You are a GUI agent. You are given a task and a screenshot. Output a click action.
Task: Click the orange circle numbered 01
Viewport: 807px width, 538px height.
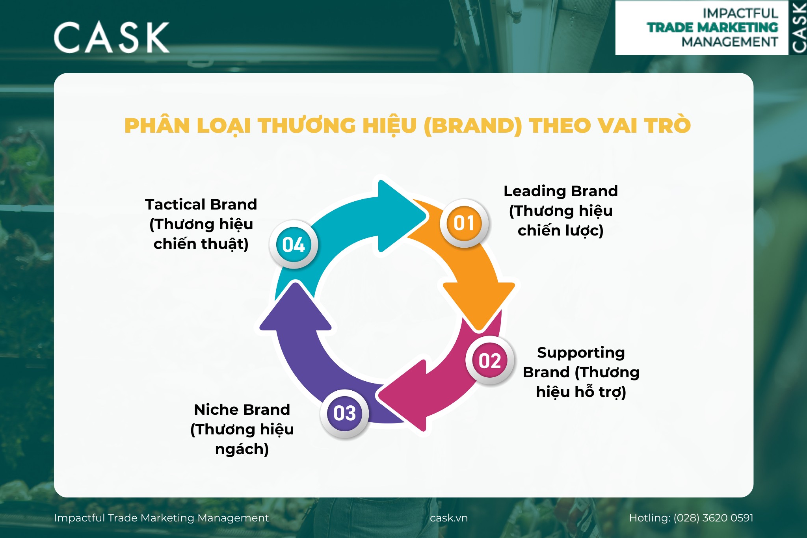click(x=464, y=223)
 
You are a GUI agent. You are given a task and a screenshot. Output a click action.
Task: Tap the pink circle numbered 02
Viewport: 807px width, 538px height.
click(x=490, y=360)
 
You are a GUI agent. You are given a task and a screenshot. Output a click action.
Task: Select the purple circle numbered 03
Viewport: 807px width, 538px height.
click(x=344, y=413)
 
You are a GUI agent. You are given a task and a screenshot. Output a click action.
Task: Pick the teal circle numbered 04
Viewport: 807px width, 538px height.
click(x=294, y=244)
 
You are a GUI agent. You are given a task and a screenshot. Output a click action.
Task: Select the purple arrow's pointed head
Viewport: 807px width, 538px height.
click(x=296, y=283)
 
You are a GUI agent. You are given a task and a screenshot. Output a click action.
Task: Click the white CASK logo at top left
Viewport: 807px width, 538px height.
click(x=112, y=37)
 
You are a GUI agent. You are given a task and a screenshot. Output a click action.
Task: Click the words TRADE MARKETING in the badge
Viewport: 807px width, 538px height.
click(x=712, y=28)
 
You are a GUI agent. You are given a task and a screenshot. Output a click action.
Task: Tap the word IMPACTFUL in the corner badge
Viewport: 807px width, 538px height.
click(x=740, y=13)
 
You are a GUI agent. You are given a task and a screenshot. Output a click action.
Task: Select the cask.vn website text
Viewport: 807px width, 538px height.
click(x=449, y=518)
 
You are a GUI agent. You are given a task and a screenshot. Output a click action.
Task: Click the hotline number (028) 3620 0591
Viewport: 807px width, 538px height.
click(x=713, y=518)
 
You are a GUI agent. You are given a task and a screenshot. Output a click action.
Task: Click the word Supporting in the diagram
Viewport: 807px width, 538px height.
click(x=581, y=353)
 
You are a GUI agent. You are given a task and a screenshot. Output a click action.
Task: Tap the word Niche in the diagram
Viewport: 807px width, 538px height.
click(x=215, y=410)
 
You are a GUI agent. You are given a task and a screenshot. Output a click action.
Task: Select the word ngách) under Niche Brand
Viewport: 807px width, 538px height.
click(x=242, y=449)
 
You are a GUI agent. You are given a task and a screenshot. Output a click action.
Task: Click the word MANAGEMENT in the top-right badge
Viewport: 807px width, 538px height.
click(x=730, y=42)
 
